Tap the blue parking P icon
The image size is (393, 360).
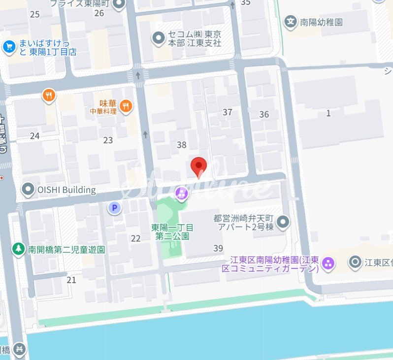tap(115, 208)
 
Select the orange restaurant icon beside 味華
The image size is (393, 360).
tap(127, 105)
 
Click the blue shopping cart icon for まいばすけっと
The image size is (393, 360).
tap(8, 47)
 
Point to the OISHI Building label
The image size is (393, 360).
tap(66, 190)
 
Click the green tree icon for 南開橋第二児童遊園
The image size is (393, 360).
tap(18, 249)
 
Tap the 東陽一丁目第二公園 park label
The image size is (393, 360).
tap(172, 231)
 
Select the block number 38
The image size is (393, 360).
tap(182, 145)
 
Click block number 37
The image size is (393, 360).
tap(227, 112)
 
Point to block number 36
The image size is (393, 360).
tap(264, 114)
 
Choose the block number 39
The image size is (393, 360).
tap(218, 248)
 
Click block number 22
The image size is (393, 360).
tap(136, 238)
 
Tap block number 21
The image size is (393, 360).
tap(71, 280)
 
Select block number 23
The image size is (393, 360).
tap(108, 140)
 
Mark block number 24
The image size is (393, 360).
tap(34, 136)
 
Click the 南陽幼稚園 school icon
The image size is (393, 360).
tap(291, 22)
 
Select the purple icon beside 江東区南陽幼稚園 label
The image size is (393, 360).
tap(328, 263)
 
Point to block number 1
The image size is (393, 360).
tap(328, 114)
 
